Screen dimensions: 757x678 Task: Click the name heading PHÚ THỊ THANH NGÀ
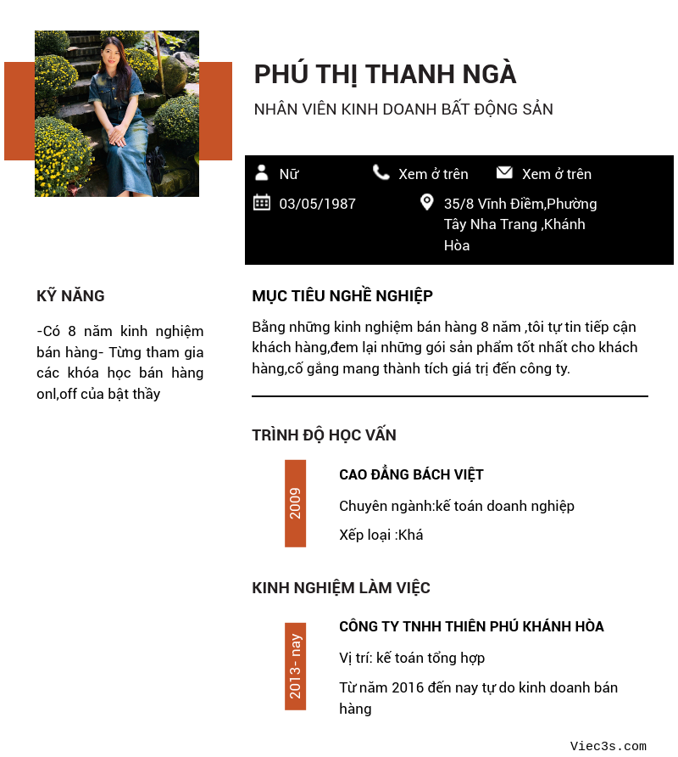[385, 75]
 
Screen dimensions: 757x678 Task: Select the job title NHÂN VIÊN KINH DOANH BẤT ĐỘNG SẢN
[403, 109]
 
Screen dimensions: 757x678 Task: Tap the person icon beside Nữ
[262, 173]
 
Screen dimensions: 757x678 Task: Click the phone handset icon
[381, 172]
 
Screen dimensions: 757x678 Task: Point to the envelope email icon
[504, 172]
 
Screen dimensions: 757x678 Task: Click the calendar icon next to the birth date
[262, 202]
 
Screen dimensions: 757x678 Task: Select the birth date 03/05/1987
[317, 204]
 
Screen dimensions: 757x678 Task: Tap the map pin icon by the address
[427, 202]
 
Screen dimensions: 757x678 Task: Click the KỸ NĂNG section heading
[70, 296]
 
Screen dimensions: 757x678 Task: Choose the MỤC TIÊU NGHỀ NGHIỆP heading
[342, 296]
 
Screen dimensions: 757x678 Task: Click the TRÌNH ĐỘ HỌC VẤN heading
[324, 435]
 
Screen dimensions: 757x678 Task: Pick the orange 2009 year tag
[295, 503]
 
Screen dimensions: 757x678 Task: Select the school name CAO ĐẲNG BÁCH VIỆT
[411, 474]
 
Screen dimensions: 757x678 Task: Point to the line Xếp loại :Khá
[381, 535]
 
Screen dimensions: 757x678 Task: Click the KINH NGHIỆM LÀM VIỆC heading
[341, 588]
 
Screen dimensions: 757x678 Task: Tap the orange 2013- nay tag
[295, 666]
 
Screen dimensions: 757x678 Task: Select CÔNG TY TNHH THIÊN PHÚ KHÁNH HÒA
[471, 627]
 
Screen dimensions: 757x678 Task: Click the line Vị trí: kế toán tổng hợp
[412, 658]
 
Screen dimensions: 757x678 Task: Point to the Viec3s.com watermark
[608, 746]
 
